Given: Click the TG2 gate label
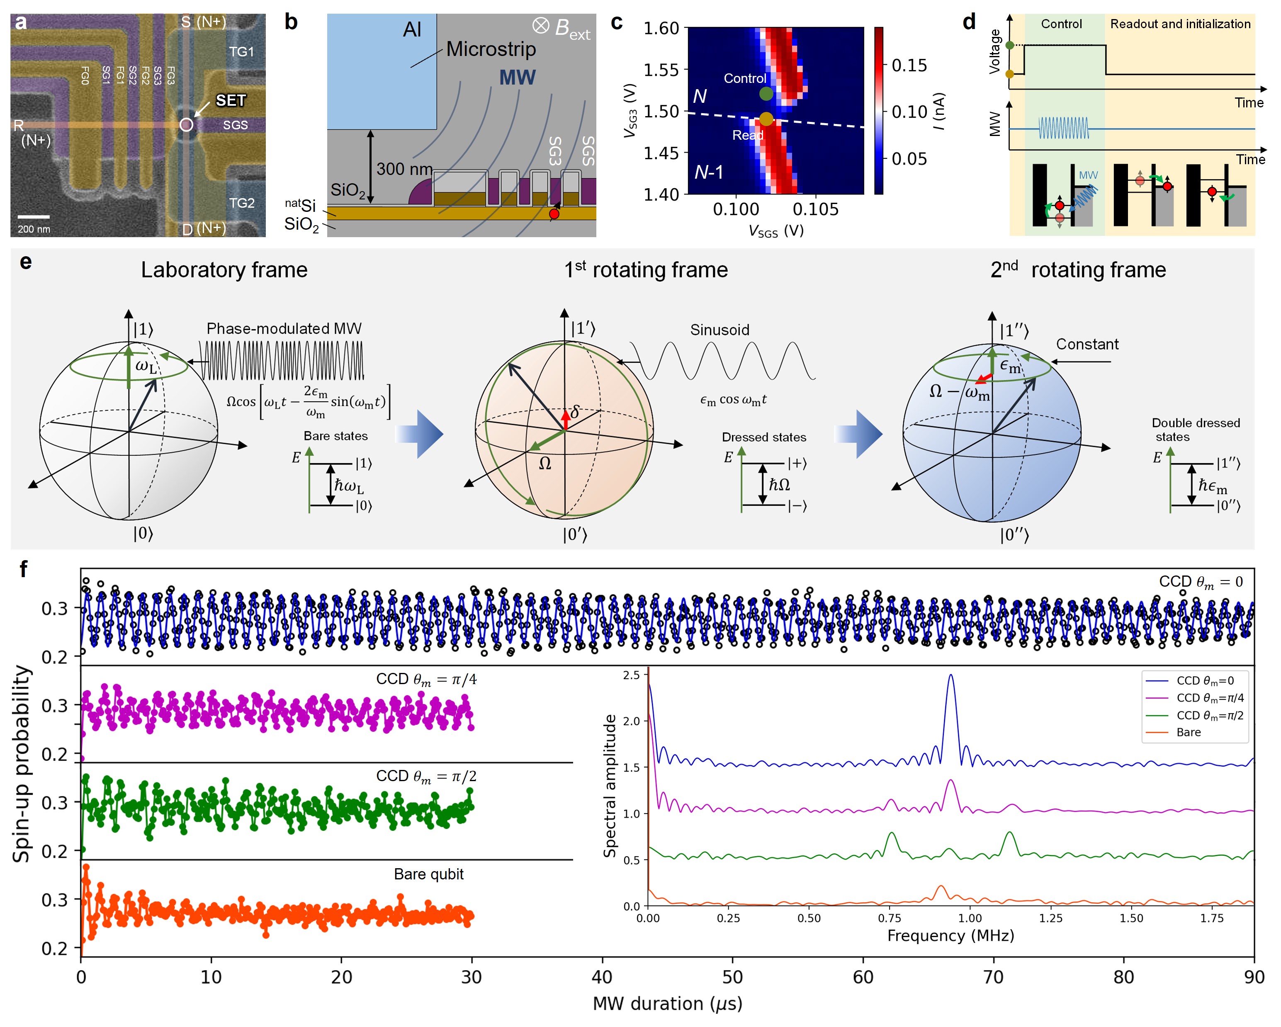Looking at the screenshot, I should [x=242, y=203].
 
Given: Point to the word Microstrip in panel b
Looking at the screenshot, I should [x=491, y=49].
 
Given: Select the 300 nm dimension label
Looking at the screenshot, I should [x=404, y=169].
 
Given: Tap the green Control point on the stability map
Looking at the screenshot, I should [x=766, y=94].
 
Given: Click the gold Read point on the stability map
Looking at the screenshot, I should [x=766, y=119].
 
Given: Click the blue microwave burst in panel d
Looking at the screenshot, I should [x=1064, y=128].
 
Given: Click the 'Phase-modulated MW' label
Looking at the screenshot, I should [x=284, y=328].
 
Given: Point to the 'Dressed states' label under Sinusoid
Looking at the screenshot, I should [x=763, y=437].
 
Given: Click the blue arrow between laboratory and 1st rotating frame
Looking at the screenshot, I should [x=420, y=434].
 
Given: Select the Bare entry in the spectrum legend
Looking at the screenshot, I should [x=1188, y=732].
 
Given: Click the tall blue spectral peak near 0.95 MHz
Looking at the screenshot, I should [x=950, y=677].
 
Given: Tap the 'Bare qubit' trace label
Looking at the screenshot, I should [x=428, y=874].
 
